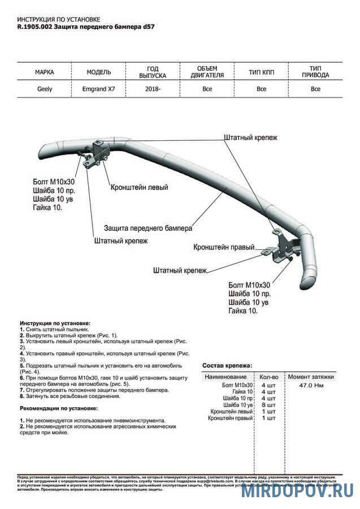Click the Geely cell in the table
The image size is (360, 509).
pyautogui.click(x=45, y=89)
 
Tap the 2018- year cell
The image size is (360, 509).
pyautogui.click(x=153, y=89)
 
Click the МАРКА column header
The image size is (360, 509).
pyautogui.click(x=45, y=72)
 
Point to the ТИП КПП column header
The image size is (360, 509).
pyautogui.click(x=261, y=72)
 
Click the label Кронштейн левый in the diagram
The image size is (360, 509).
pyautogui.click(x=139, y=187)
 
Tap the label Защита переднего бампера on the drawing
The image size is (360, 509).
pyautogui.click(x=148, y=228)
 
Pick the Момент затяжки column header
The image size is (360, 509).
pyautogui.click(x=311, y=377)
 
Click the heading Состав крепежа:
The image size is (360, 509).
pyautogui.click(x=227, y=365)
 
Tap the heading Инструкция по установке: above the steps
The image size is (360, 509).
pyautogui.click(x=55, y=322)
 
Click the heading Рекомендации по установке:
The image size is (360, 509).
pyautogui.click(x=58, y=408)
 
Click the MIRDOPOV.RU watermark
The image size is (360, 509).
pyautogui.click(x=298, y=490)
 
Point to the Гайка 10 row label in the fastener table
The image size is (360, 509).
pyautogui.click(x=242, y=391)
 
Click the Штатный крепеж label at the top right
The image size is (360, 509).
pyautogui.click(x=250, y=137)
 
